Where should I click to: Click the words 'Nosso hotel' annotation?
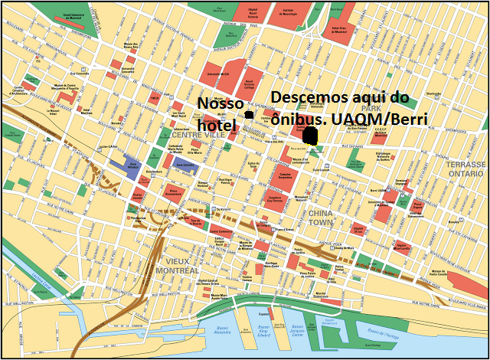point(220,113)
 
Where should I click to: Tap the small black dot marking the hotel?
point(248,115)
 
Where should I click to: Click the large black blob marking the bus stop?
point(310,136)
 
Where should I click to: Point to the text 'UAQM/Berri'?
point(387,118)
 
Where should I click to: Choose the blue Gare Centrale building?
point(185,165)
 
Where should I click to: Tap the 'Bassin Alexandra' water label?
point(223,332)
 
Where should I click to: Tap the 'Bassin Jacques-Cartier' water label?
point(299,332)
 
